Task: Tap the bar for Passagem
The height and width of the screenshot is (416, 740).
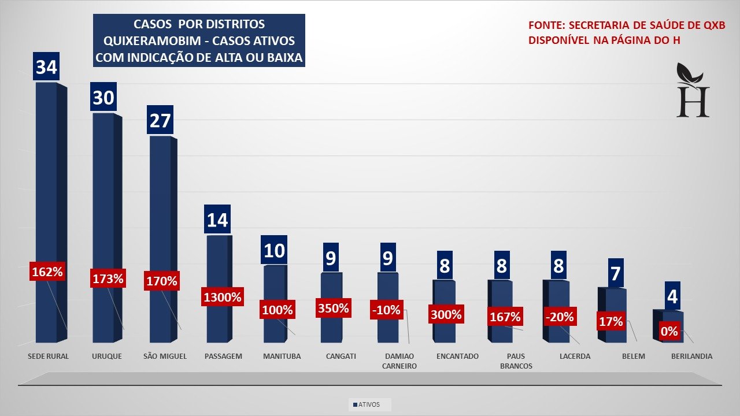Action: click(x=217, y=266)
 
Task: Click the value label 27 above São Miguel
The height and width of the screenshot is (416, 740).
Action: click(x=161, y=120)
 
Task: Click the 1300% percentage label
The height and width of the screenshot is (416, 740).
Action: click(x=222, y=298)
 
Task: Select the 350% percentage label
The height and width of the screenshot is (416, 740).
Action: click(x=334, y=308)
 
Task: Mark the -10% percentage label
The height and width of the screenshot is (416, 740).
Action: click(x=387, y=310)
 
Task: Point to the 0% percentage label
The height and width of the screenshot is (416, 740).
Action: click(x=668, y=332)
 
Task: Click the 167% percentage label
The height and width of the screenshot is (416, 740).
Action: click(x=505, y=317)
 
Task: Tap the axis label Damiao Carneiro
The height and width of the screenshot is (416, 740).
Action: click(x=399, y=361)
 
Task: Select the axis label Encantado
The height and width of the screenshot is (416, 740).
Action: click(x=457, y=356)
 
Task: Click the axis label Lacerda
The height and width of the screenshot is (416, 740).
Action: click(x=575, y=356)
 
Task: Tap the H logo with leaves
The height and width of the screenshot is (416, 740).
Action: click(x=693, y=91)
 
